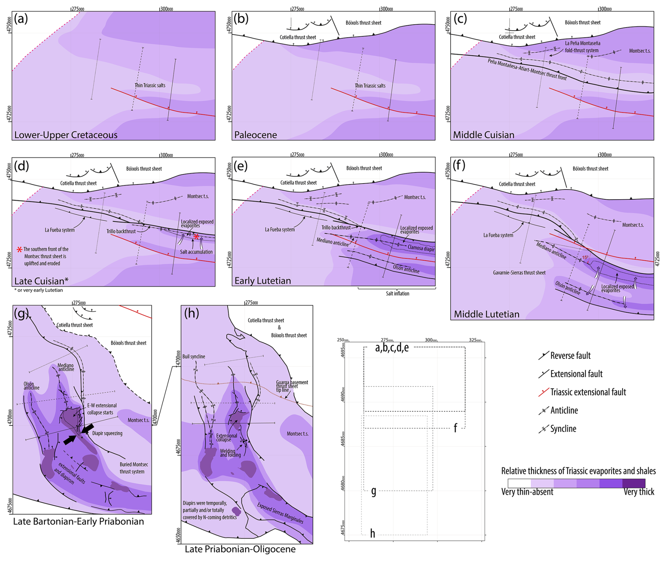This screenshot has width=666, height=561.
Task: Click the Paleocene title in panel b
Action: click(x=256, y=135)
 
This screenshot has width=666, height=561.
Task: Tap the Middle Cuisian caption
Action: click(x=483, y=135)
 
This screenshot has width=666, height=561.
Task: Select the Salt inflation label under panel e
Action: click(x=397, y=293)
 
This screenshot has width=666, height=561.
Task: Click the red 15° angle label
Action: click(x=585, y=257)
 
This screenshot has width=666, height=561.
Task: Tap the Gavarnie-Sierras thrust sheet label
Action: click(x=519, y=273)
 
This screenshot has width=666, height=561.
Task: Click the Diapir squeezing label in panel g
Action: click(x=107, y=433)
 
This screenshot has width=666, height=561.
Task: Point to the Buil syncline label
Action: click(x=194, y=356)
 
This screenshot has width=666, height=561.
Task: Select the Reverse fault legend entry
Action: click(x=570, y=356)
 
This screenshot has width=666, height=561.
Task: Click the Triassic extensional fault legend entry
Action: click(x=588, y=392)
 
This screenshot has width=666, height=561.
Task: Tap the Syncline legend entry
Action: click(x=563, y=429)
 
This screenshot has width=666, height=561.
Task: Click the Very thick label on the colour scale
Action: click(x=639, y=492)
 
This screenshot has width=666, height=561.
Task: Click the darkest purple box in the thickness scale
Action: click(x=634, y=483)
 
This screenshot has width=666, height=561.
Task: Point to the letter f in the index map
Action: click(x=455, y=428)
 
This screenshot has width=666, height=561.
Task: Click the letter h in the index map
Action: click(x=372, y=534)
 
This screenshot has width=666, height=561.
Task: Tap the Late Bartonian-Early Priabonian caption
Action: click(x=78, y=521)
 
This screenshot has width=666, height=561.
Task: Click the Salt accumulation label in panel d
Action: click(x=196, y=252)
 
